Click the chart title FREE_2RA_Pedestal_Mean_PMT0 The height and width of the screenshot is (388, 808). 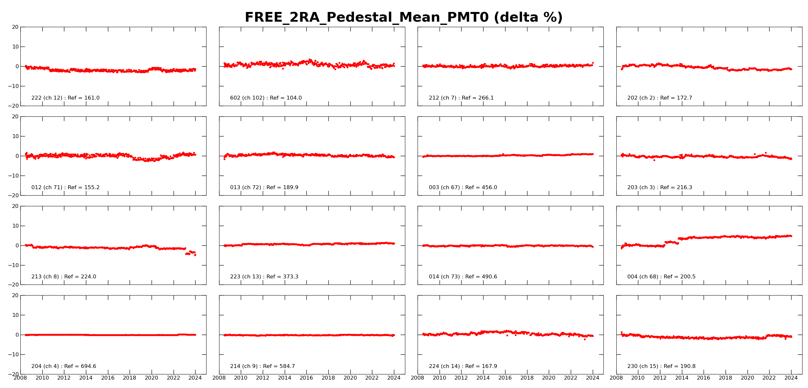click(404, 17)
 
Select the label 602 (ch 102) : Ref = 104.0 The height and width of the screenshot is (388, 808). click(266, 98)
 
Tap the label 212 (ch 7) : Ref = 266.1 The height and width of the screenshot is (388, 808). click(461, 98)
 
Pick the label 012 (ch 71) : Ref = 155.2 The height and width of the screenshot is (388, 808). click(65, 188)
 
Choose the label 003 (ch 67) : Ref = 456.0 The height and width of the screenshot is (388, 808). click(463, 188)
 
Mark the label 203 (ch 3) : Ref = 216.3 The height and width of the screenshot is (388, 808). click(660, 188)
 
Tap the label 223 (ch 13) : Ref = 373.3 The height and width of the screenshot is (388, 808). click(264, 277)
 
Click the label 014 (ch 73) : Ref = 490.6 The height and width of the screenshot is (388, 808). click(463, 277)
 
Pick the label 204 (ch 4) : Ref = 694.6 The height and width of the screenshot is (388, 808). click(64, 366)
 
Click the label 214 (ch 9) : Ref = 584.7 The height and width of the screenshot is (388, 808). click(262, 366)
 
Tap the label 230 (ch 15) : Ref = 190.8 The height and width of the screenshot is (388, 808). click(661, 366)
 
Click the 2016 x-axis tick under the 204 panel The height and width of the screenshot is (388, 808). click(108, 378)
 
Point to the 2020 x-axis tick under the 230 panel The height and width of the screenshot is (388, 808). click(748, 378)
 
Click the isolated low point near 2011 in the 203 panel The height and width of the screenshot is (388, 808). click(654, 160)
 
